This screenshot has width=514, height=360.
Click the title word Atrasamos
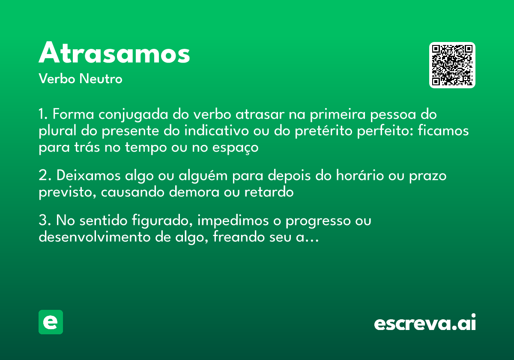[114, 54]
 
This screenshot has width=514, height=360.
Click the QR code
[452, 65]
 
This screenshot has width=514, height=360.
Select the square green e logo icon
[51, 322]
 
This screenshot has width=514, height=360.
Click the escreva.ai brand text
[425, 323]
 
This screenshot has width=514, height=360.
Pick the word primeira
[338, 115]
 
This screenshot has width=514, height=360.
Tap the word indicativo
[217, 131]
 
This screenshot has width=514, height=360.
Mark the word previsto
[68, 192]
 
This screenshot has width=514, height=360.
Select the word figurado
[157, 221]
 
